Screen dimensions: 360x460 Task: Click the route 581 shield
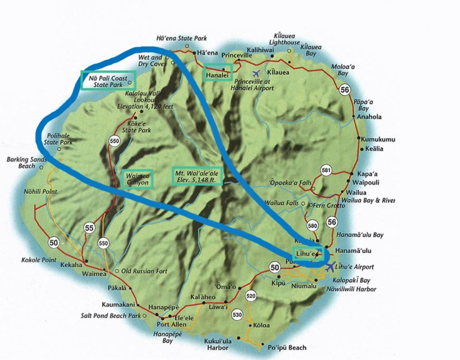click(326, 170)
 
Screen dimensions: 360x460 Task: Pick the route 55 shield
click(90, 228)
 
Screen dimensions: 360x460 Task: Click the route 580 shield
click(312, 226)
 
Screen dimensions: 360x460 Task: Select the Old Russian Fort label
click(144, 272)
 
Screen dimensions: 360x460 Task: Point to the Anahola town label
click(369, 117)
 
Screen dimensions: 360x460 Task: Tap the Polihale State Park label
click(59, 140)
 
